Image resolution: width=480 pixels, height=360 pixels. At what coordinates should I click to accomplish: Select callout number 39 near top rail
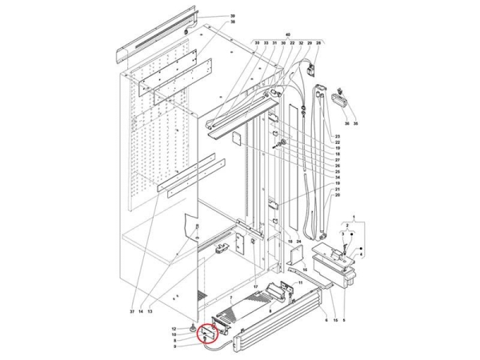click(x=210, y=16)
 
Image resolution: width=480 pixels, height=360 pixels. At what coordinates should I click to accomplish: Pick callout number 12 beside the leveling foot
click(x=175, y=329)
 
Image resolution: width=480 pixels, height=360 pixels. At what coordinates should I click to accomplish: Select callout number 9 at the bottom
click(x=175, y=346)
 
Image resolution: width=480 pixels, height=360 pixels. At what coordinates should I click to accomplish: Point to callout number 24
click(x=298, y=241)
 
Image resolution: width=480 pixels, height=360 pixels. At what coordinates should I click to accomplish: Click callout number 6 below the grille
click(x=326, y=319)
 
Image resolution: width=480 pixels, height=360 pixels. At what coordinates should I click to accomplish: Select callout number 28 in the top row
click(x=318, y=42)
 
